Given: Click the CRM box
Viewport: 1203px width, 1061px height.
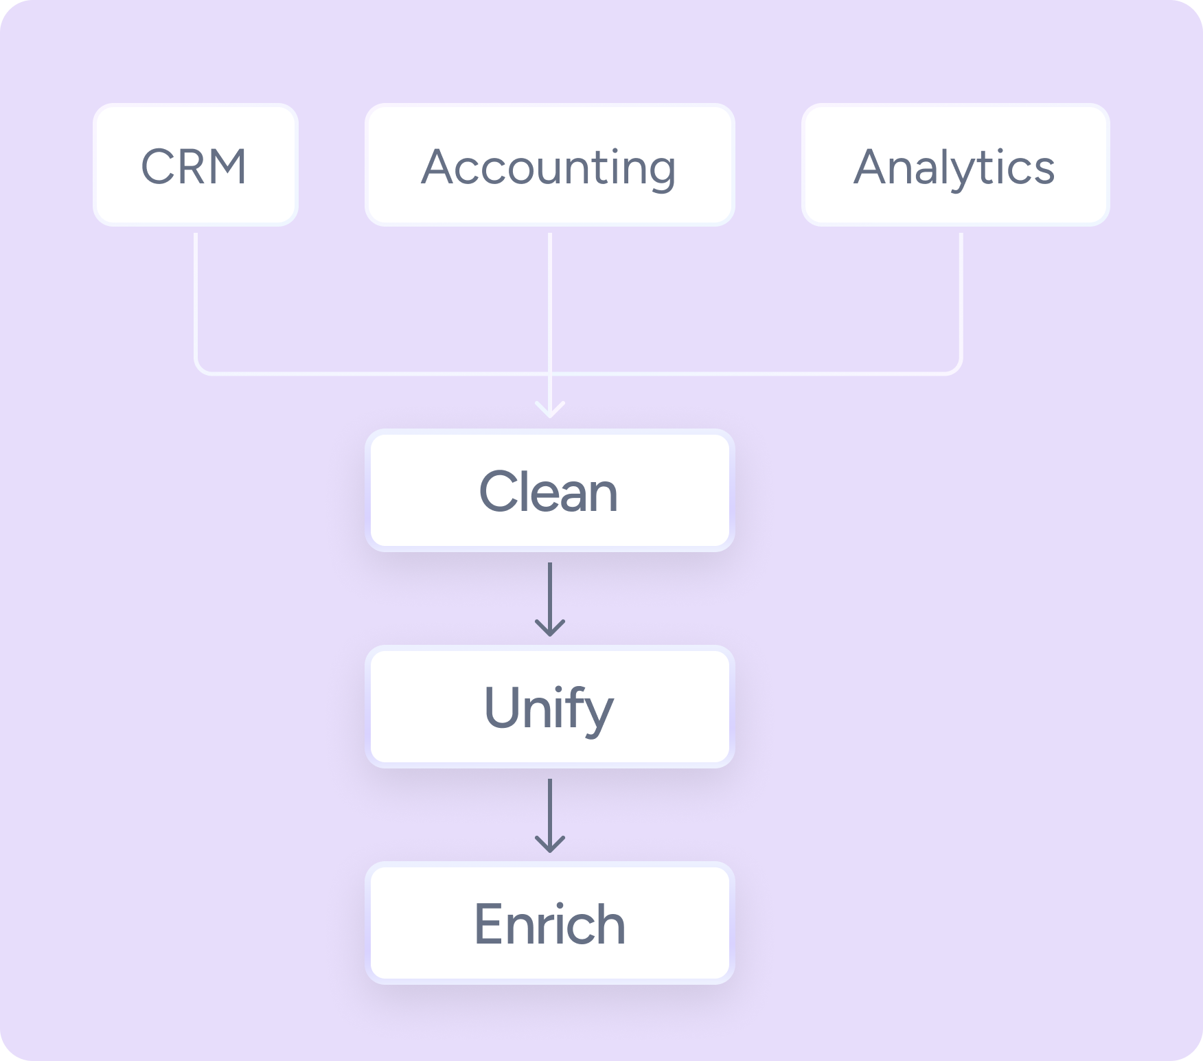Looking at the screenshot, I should [x=196, y=165].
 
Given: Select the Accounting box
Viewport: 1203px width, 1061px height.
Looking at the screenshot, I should [x=549, y=165].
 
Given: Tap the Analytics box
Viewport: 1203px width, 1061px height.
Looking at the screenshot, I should [x=955, y=165].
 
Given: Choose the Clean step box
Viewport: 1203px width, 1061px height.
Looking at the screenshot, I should [x=549, y=490].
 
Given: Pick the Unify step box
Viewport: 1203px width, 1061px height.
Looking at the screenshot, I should [x=549, y=707].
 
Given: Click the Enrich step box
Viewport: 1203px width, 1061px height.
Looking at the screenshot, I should [x=549, y=923].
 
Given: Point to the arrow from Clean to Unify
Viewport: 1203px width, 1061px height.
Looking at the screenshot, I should [x=550, y=597].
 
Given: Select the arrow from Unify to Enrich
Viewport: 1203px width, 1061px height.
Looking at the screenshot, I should [x=550, y=814].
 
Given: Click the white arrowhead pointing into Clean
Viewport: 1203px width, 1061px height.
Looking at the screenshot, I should [x=550, y=412].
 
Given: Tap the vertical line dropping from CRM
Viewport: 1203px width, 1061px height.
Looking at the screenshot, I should [x=196, y=295].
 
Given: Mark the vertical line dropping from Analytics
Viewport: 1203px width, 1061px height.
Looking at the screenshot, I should [x=961, y=295].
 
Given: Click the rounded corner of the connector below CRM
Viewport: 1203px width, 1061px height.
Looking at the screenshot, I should [x=200, y=369].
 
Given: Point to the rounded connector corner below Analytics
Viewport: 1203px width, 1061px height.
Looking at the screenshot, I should [x=956, y=369].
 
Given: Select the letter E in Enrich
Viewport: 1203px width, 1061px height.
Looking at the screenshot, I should [x=489, y=924].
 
